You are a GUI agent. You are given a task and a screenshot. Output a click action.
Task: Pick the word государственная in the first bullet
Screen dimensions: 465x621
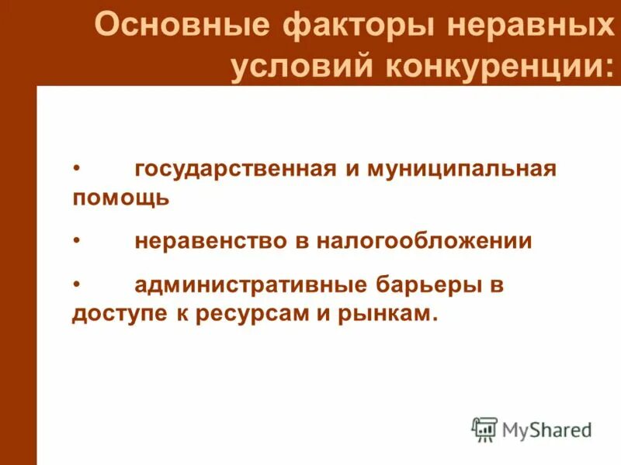[235, 170]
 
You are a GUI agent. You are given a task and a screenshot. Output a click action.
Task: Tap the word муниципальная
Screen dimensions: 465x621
[457, 169]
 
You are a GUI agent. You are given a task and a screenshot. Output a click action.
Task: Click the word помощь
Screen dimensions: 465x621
[120, 198]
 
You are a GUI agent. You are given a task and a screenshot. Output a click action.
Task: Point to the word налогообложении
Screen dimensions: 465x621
[424, 241]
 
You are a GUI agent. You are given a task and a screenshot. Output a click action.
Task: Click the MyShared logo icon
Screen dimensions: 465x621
[484, 429]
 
